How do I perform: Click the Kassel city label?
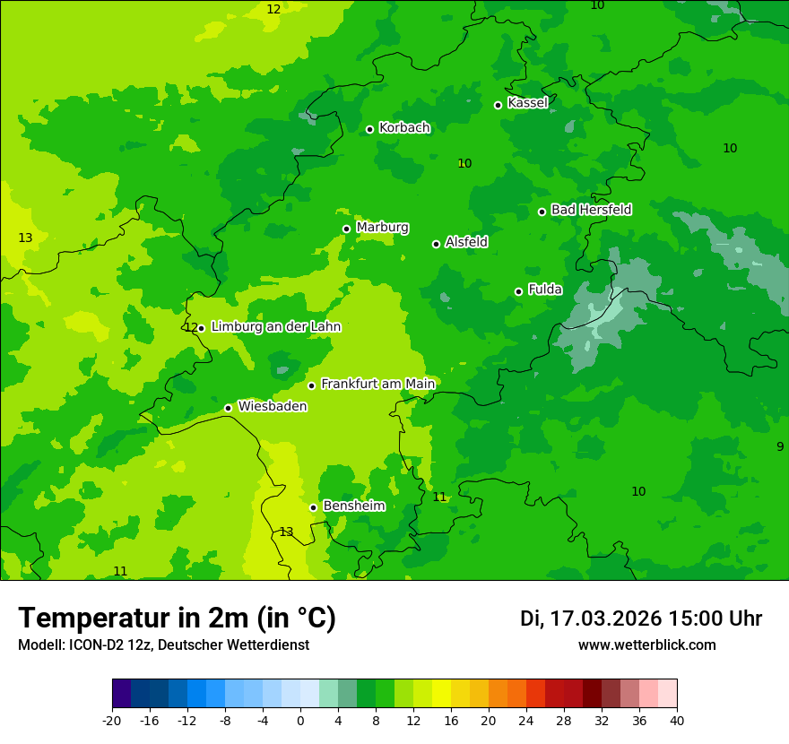tap(527, 103)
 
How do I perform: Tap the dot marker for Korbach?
tap(369, 129)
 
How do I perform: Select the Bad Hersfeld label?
tap(591, 210)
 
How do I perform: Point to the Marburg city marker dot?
tap(346, 229)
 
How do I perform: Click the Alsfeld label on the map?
tap(466, 242)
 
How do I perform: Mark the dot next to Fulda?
tap(518, 291)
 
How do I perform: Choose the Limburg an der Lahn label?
tap(275, 327)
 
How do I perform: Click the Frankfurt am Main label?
tap(377, 384)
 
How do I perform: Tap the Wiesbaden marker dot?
tap(228, 408)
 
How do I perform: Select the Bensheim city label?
tap(353, 506)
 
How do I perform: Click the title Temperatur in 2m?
tap(177, 618)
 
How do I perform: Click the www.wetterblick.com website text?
tap(646, 645)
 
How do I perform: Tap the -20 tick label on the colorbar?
tap(112, 720)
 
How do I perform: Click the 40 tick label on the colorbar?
tap(677, 720)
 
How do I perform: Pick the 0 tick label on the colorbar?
tap(300, 720)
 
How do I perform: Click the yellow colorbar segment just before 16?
tap(441, 694)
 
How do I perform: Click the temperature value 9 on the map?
tap(779, 446)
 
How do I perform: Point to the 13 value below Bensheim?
tap(286, 532)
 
